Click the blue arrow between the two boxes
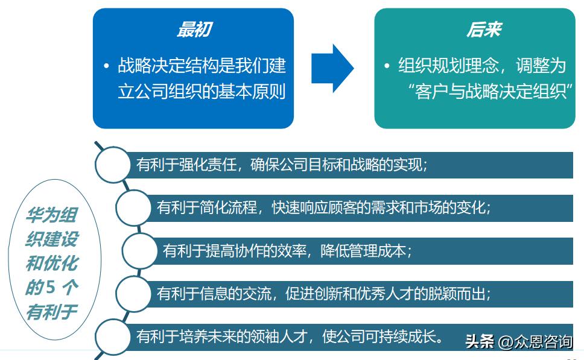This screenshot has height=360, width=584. [332, 68]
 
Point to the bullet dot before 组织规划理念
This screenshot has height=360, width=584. [387, 66]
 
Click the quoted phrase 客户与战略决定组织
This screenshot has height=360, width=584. [490, 93]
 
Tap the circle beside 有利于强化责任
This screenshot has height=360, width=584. [113, 165]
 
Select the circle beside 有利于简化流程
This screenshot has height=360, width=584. [133, 207]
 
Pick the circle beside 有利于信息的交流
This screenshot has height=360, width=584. [133, 294]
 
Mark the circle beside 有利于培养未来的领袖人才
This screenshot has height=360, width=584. [113, 336]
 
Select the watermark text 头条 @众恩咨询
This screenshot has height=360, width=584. [518, 342]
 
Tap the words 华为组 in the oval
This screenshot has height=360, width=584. [51, 215]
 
